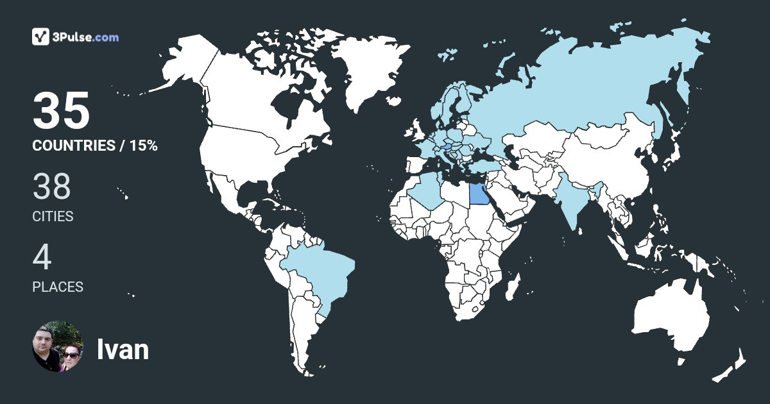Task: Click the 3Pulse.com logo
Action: pos(75,37)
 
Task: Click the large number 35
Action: pos(61,111)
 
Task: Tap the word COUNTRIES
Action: pos(73,146)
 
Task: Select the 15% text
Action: pos(143,146)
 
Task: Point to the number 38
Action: pos(51,187)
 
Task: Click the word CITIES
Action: pos(53,217)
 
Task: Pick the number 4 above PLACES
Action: pos(42,258)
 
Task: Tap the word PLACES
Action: pos(58,287)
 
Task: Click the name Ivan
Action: pos(123,349)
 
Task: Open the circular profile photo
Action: pos(58,347)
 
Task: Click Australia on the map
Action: pos(671,317)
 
